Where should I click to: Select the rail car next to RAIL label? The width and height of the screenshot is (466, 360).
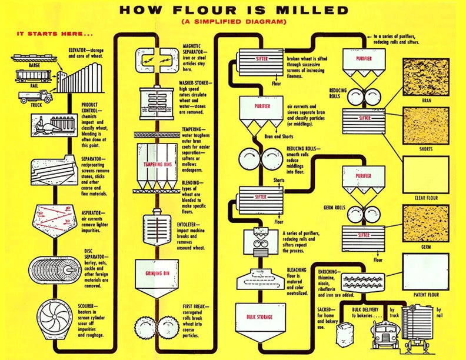(x=34, y=76)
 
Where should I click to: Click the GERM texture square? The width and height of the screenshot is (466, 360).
(x=425, y=224)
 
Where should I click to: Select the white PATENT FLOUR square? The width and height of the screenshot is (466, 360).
(x=425, y=271)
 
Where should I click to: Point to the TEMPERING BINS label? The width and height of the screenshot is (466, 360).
(x=157, y=165)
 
